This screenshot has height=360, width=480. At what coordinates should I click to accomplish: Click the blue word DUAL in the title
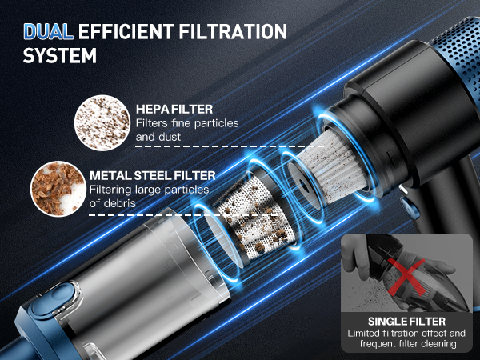pos(48,31)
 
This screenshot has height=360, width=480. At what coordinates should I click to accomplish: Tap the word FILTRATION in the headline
pos(233,31)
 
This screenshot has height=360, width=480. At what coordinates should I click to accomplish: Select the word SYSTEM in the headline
pos(60,55)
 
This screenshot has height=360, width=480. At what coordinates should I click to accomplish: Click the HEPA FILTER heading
pos(174,110)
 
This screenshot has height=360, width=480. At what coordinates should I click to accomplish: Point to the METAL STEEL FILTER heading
pos(153,175)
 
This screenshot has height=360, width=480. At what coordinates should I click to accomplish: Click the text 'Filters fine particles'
pos(187,123)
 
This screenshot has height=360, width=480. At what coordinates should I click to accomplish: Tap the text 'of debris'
pos(112,203)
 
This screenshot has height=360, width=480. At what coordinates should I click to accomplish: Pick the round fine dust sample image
pos(102,122)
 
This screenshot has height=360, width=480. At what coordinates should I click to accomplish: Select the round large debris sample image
pos(58,189)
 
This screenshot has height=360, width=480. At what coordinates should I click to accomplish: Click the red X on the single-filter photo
pos(406,277)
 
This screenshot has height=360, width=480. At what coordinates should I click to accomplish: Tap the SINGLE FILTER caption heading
pos(406,322)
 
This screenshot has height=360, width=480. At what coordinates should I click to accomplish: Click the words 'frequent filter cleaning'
pos(408,343)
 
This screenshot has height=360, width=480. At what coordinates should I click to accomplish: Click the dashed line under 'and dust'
pos(230,146)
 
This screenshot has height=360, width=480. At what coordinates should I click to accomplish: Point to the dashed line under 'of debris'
pos(184,215)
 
